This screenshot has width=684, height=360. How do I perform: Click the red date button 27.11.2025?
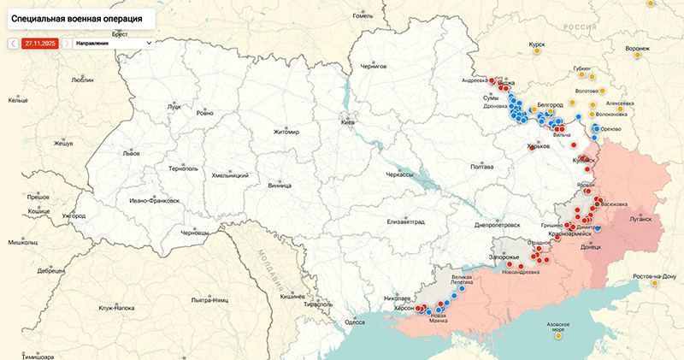pyautogui.click(x=39, y=42)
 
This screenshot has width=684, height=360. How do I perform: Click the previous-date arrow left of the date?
pyautogui.click(x=13, y=42)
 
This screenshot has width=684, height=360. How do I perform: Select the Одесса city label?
pyautogui.click(x=355, y=322)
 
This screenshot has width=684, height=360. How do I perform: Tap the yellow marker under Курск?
pyautogui.click(x=536, y=52)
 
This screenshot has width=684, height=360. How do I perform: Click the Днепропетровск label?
pyautogui.click(x=497, y=226)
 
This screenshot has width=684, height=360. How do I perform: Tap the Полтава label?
pyautogui.click(x=482, y=167)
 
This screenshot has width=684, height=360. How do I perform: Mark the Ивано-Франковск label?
pyautogui.click(x=155, y=201)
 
